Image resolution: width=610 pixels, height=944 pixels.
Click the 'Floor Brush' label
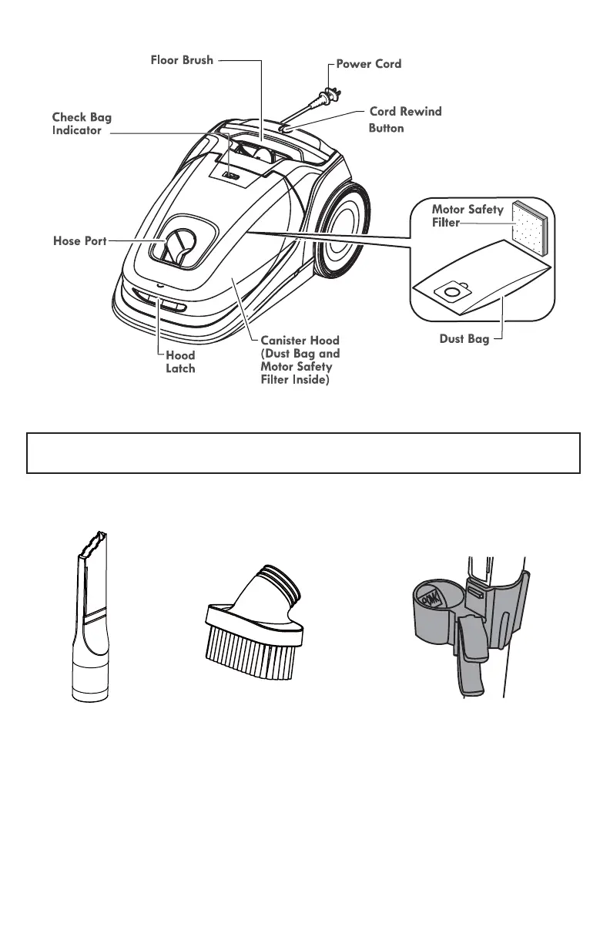pos(182,59)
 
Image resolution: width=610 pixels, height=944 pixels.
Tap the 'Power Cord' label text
pos(368,64)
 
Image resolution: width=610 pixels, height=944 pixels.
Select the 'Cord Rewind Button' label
pos(405,119)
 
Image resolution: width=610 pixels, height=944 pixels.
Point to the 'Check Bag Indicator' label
pos(81,124)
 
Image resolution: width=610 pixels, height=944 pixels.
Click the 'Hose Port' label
pos(79,241)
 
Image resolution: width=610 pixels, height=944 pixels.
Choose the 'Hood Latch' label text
pos(180,362)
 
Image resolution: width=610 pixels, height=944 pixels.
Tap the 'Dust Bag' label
pos(469,339)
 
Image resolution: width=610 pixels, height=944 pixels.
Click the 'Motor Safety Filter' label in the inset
pos(467,216)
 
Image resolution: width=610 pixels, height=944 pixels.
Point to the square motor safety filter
pos(532,228)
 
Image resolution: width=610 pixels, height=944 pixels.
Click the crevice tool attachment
pos(91,616)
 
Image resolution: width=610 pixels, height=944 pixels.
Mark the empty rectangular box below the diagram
pos(303,452)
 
